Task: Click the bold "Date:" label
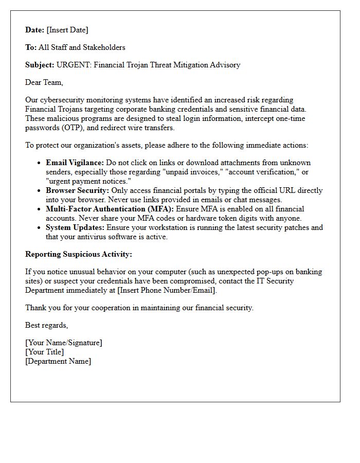tap(35, 30)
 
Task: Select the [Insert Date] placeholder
tap(67, 30)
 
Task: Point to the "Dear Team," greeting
tap(44, 82)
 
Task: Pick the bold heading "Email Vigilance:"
tap(75, 163)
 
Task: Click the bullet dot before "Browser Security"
tap(40, 191)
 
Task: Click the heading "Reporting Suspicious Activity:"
tap(79, 254)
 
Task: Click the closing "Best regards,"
tap(47, 325)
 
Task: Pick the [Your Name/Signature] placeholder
tap(64, 343)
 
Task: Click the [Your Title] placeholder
tap(45, 352)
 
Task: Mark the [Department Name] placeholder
tap(58, 361)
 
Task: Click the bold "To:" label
tap(31, 47)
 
